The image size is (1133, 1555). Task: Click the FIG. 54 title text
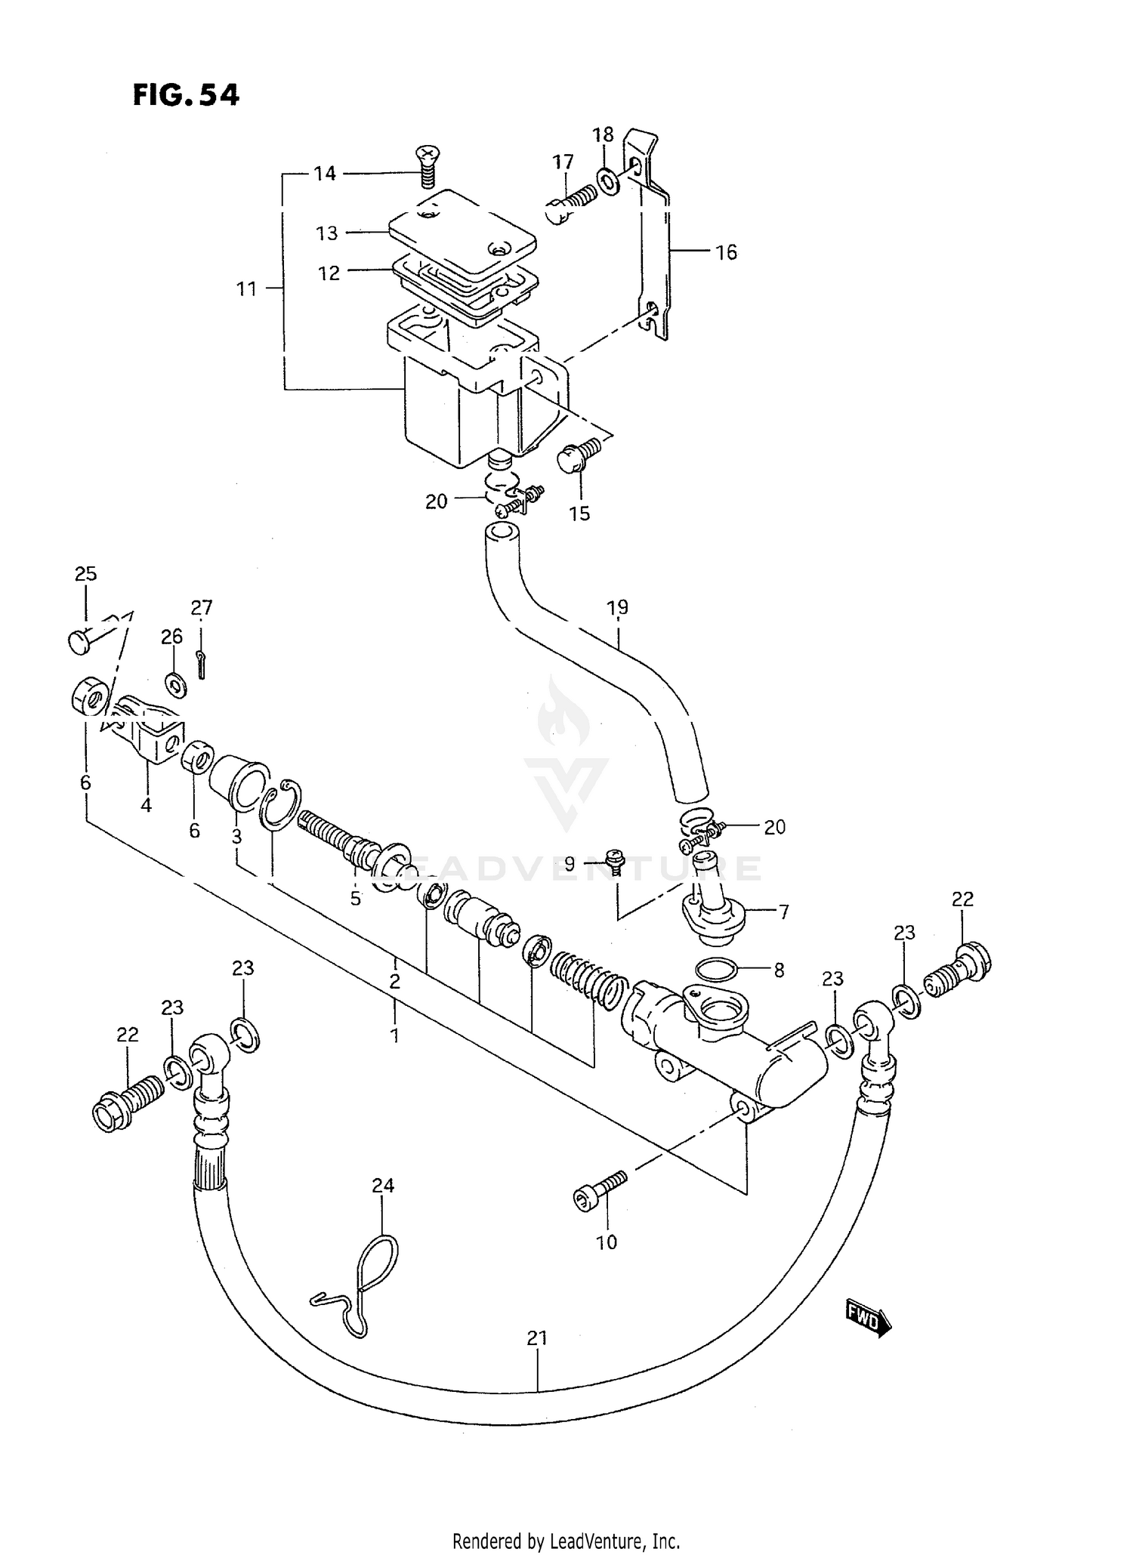click(x=186, y=95)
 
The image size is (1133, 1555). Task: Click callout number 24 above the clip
click(x=383, y=1186)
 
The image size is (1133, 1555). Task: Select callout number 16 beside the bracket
click(x=726, y=252)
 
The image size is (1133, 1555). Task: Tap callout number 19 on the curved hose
click(x=617, y=607)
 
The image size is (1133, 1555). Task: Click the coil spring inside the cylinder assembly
click(x=588, y=974)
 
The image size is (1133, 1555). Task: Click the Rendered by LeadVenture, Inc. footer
click(x=566, y=1540)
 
